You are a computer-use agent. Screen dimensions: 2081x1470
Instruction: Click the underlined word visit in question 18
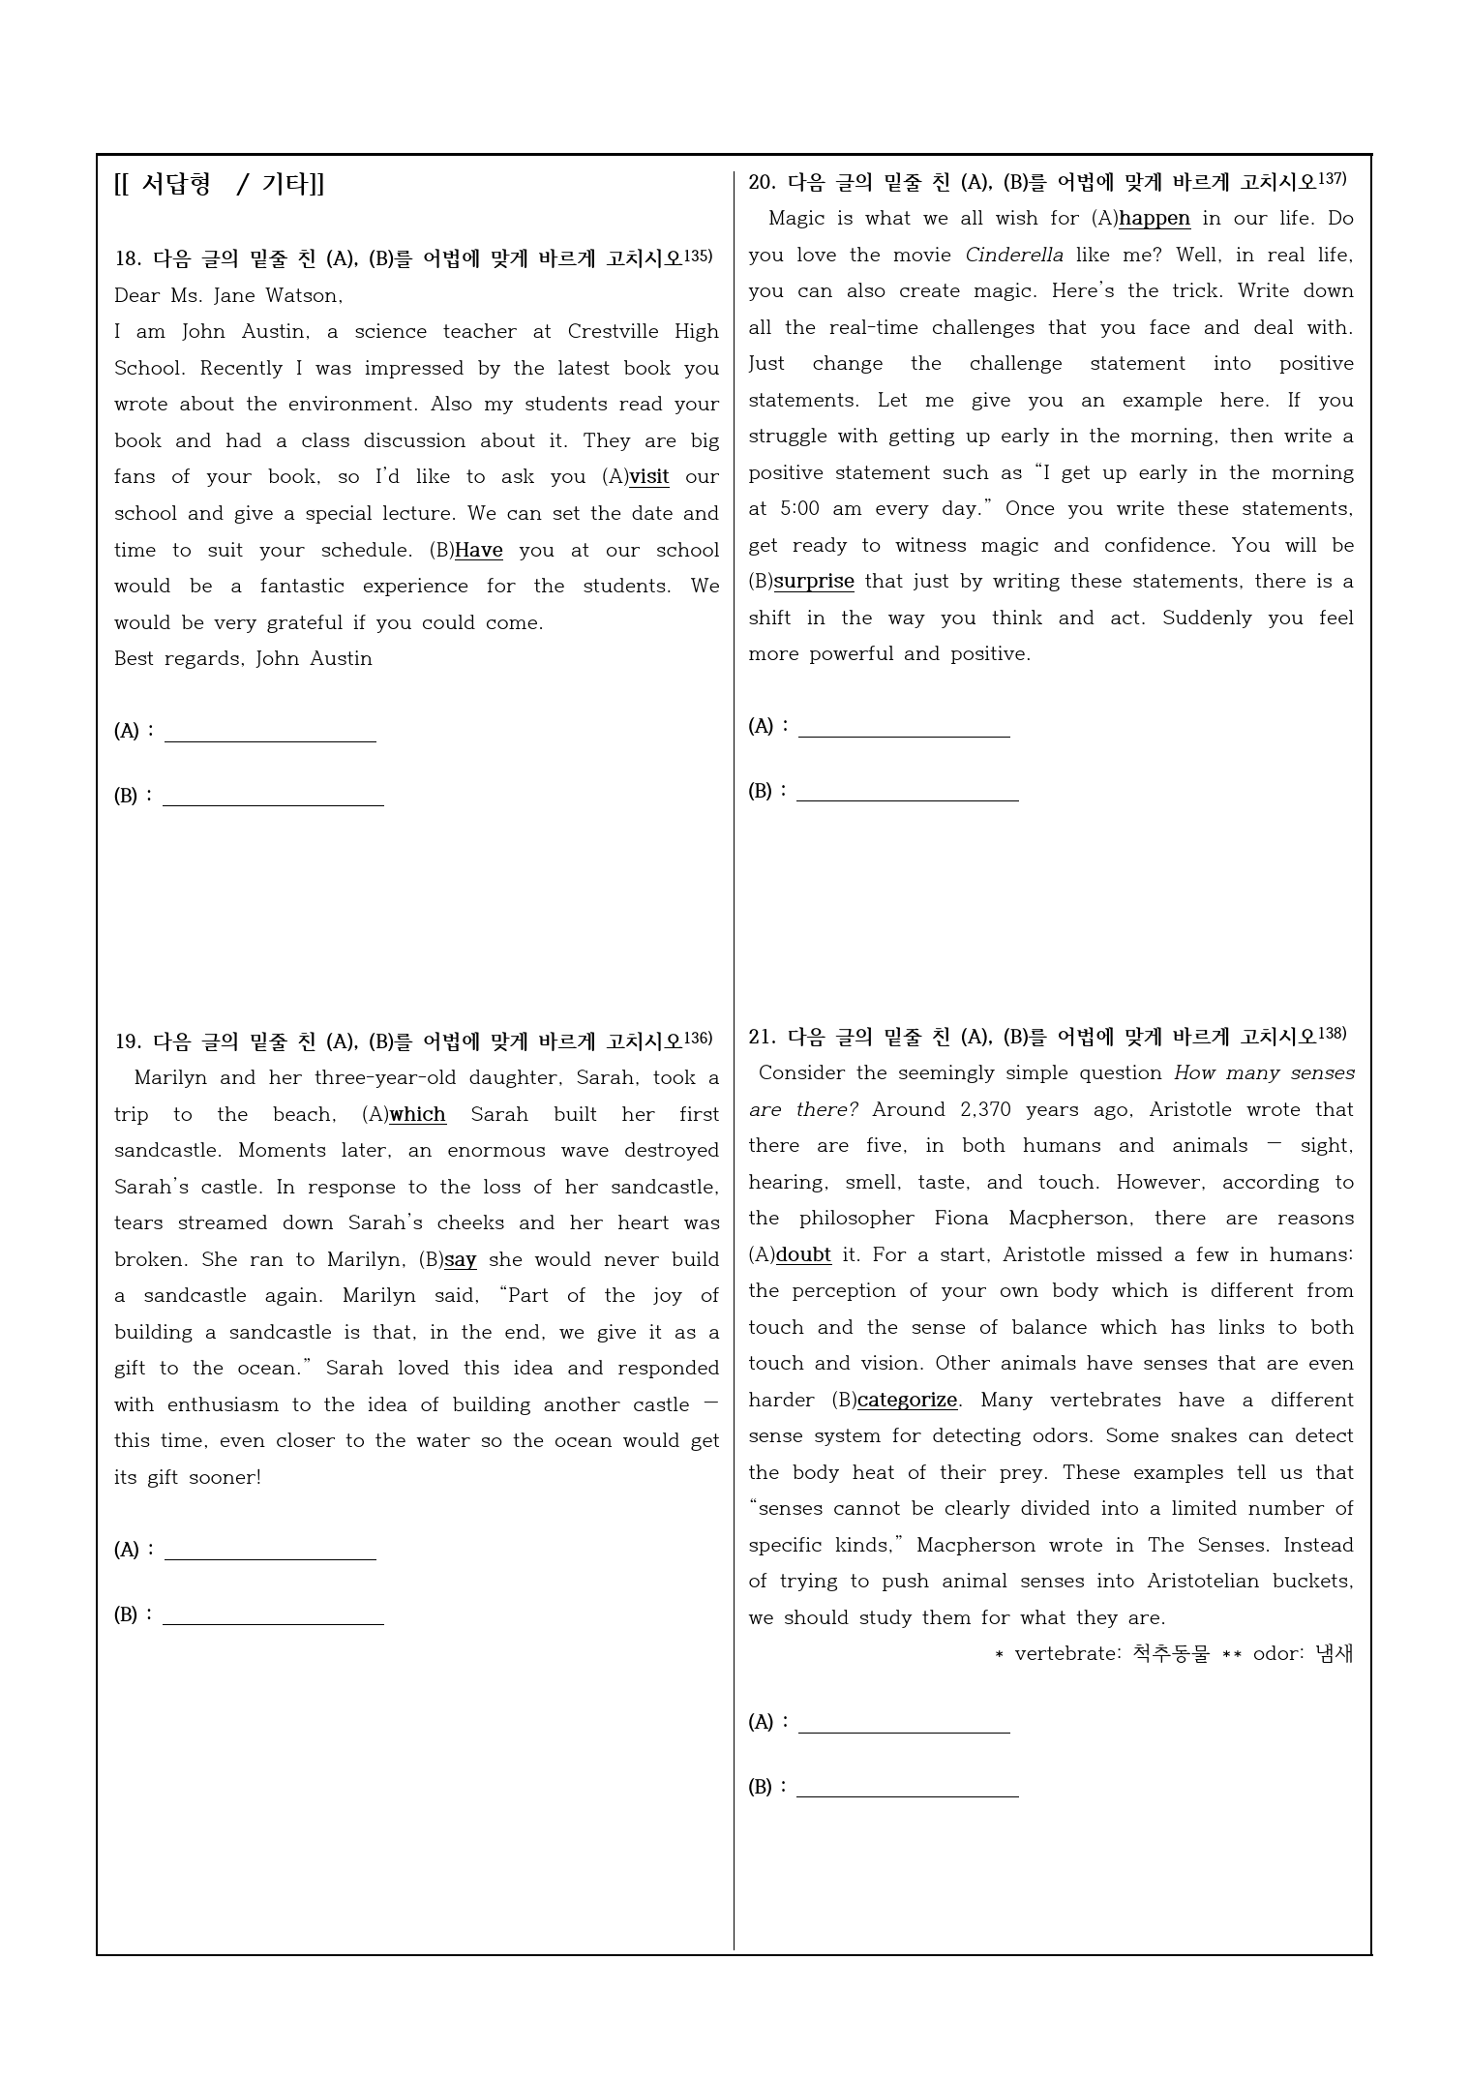click(648, 477)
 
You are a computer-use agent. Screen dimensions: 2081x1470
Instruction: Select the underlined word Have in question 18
click(478, 551)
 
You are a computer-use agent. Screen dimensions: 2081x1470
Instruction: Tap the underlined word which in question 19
click(417, 1114)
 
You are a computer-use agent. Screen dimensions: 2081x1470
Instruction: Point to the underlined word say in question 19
click(461, 1260)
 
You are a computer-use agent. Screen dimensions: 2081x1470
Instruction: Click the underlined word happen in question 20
click(1155, 219)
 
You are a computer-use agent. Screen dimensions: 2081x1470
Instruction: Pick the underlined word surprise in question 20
click(814, 582)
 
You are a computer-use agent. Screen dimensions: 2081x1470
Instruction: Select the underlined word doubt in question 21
click(803, 1255)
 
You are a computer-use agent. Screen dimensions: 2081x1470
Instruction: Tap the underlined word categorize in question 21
click(907, 1401)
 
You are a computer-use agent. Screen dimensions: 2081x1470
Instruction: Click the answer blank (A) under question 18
click(270, 732)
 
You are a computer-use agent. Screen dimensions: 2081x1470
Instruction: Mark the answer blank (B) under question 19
click(273, 1615)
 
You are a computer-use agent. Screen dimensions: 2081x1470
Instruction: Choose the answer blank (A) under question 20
click(904, 727)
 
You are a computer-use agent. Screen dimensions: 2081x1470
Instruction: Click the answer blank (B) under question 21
click(907, 1787)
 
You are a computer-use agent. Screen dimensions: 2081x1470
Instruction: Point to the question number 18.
click(128, 258)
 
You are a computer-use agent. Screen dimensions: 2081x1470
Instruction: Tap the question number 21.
click(762, 1038)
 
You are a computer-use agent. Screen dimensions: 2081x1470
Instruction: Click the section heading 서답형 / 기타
click(220, 185)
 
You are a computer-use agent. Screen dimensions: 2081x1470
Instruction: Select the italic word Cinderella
click(1013, 256)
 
